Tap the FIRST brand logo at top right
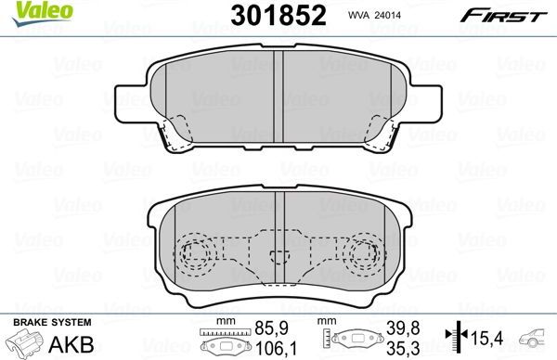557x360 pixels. tap(509, 14)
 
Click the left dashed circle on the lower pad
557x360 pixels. tap(195, 253)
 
